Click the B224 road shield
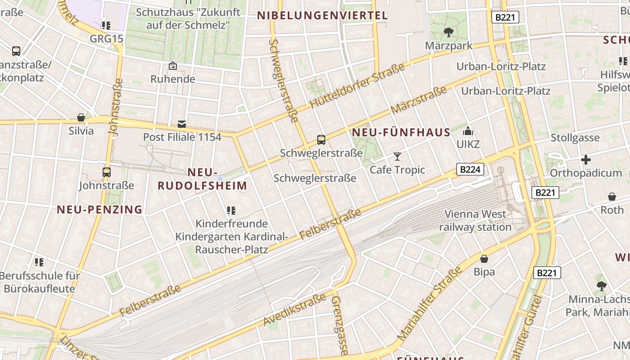pyautogui.click(x=471, y=169)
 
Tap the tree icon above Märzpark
pyautogui.click(x=448, y=32)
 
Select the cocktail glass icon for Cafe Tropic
pyautogui.click(x=397, y=157)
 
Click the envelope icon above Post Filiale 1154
pyautogui.click(x=182, y=124)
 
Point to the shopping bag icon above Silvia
pyautogui.click(x=81, y=118)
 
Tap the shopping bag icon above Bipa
pyautogui.click(x=484, y=259)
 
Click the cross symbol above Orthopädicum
pyautogui.click(x=586, y=160)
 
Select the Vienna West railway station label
pyautogui.click(x=475, y=220)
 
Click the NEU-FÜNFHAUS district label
pyautogui.click(x=401, y=133)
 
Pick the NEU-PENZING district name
pyautogui.click(x=99, y=210)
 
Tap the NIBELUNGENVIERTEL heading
pyautogui.click(x=322, y=16)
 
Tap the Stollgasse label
pyautogui.click(x=575, y=138)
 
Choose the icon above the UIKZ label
pyautogui.click(x=468, y=131)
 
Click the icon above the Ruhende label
pyautogui.click(x=173, y=66)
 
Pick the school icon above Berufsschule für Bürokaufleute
pyautogui.click(x=39, y=262)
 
